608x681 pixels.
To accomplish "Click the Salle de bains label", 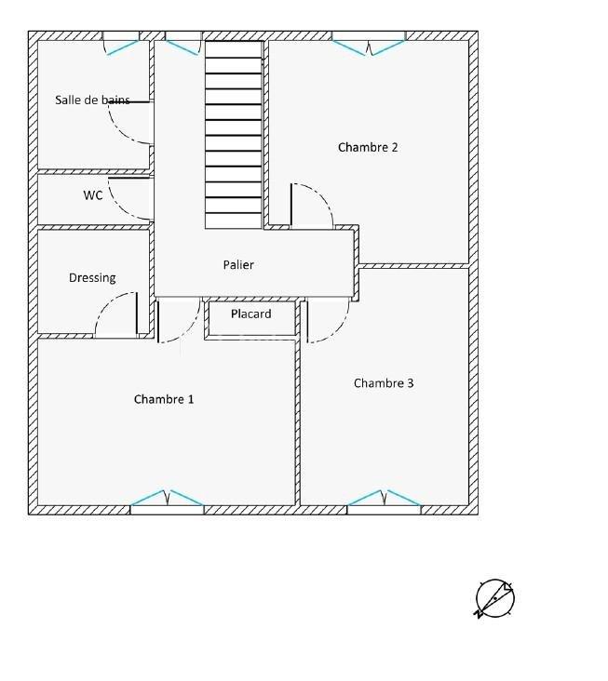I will point(92,100).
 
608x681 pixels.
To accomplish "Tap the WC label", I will point(93,195).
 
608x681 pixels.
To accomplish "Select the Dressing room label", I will point(92,277).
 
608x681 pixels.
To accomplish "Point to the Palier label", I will point(238,265).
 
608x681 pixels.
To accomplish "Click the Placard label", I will point(251,314).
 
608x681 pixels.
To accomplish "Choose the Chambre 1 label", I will point(164,399).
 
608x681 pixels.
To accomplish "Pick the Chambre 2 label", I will point(368,147).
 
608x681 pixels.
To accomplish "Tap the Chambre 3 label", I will point(384,383).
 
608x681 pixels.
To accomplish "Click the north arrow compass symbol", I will point(494,598).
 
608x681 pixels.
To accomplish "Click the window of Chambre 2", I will point(370,42).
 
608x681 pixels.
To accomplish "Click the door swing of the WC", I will point(128,197).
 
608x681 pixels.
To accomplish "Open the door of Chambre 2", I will point(311,204).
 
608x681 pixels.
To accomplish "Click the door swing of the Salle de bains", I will point(128,121).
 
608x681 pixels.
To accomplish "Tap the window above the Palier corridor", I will point(182,42).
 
